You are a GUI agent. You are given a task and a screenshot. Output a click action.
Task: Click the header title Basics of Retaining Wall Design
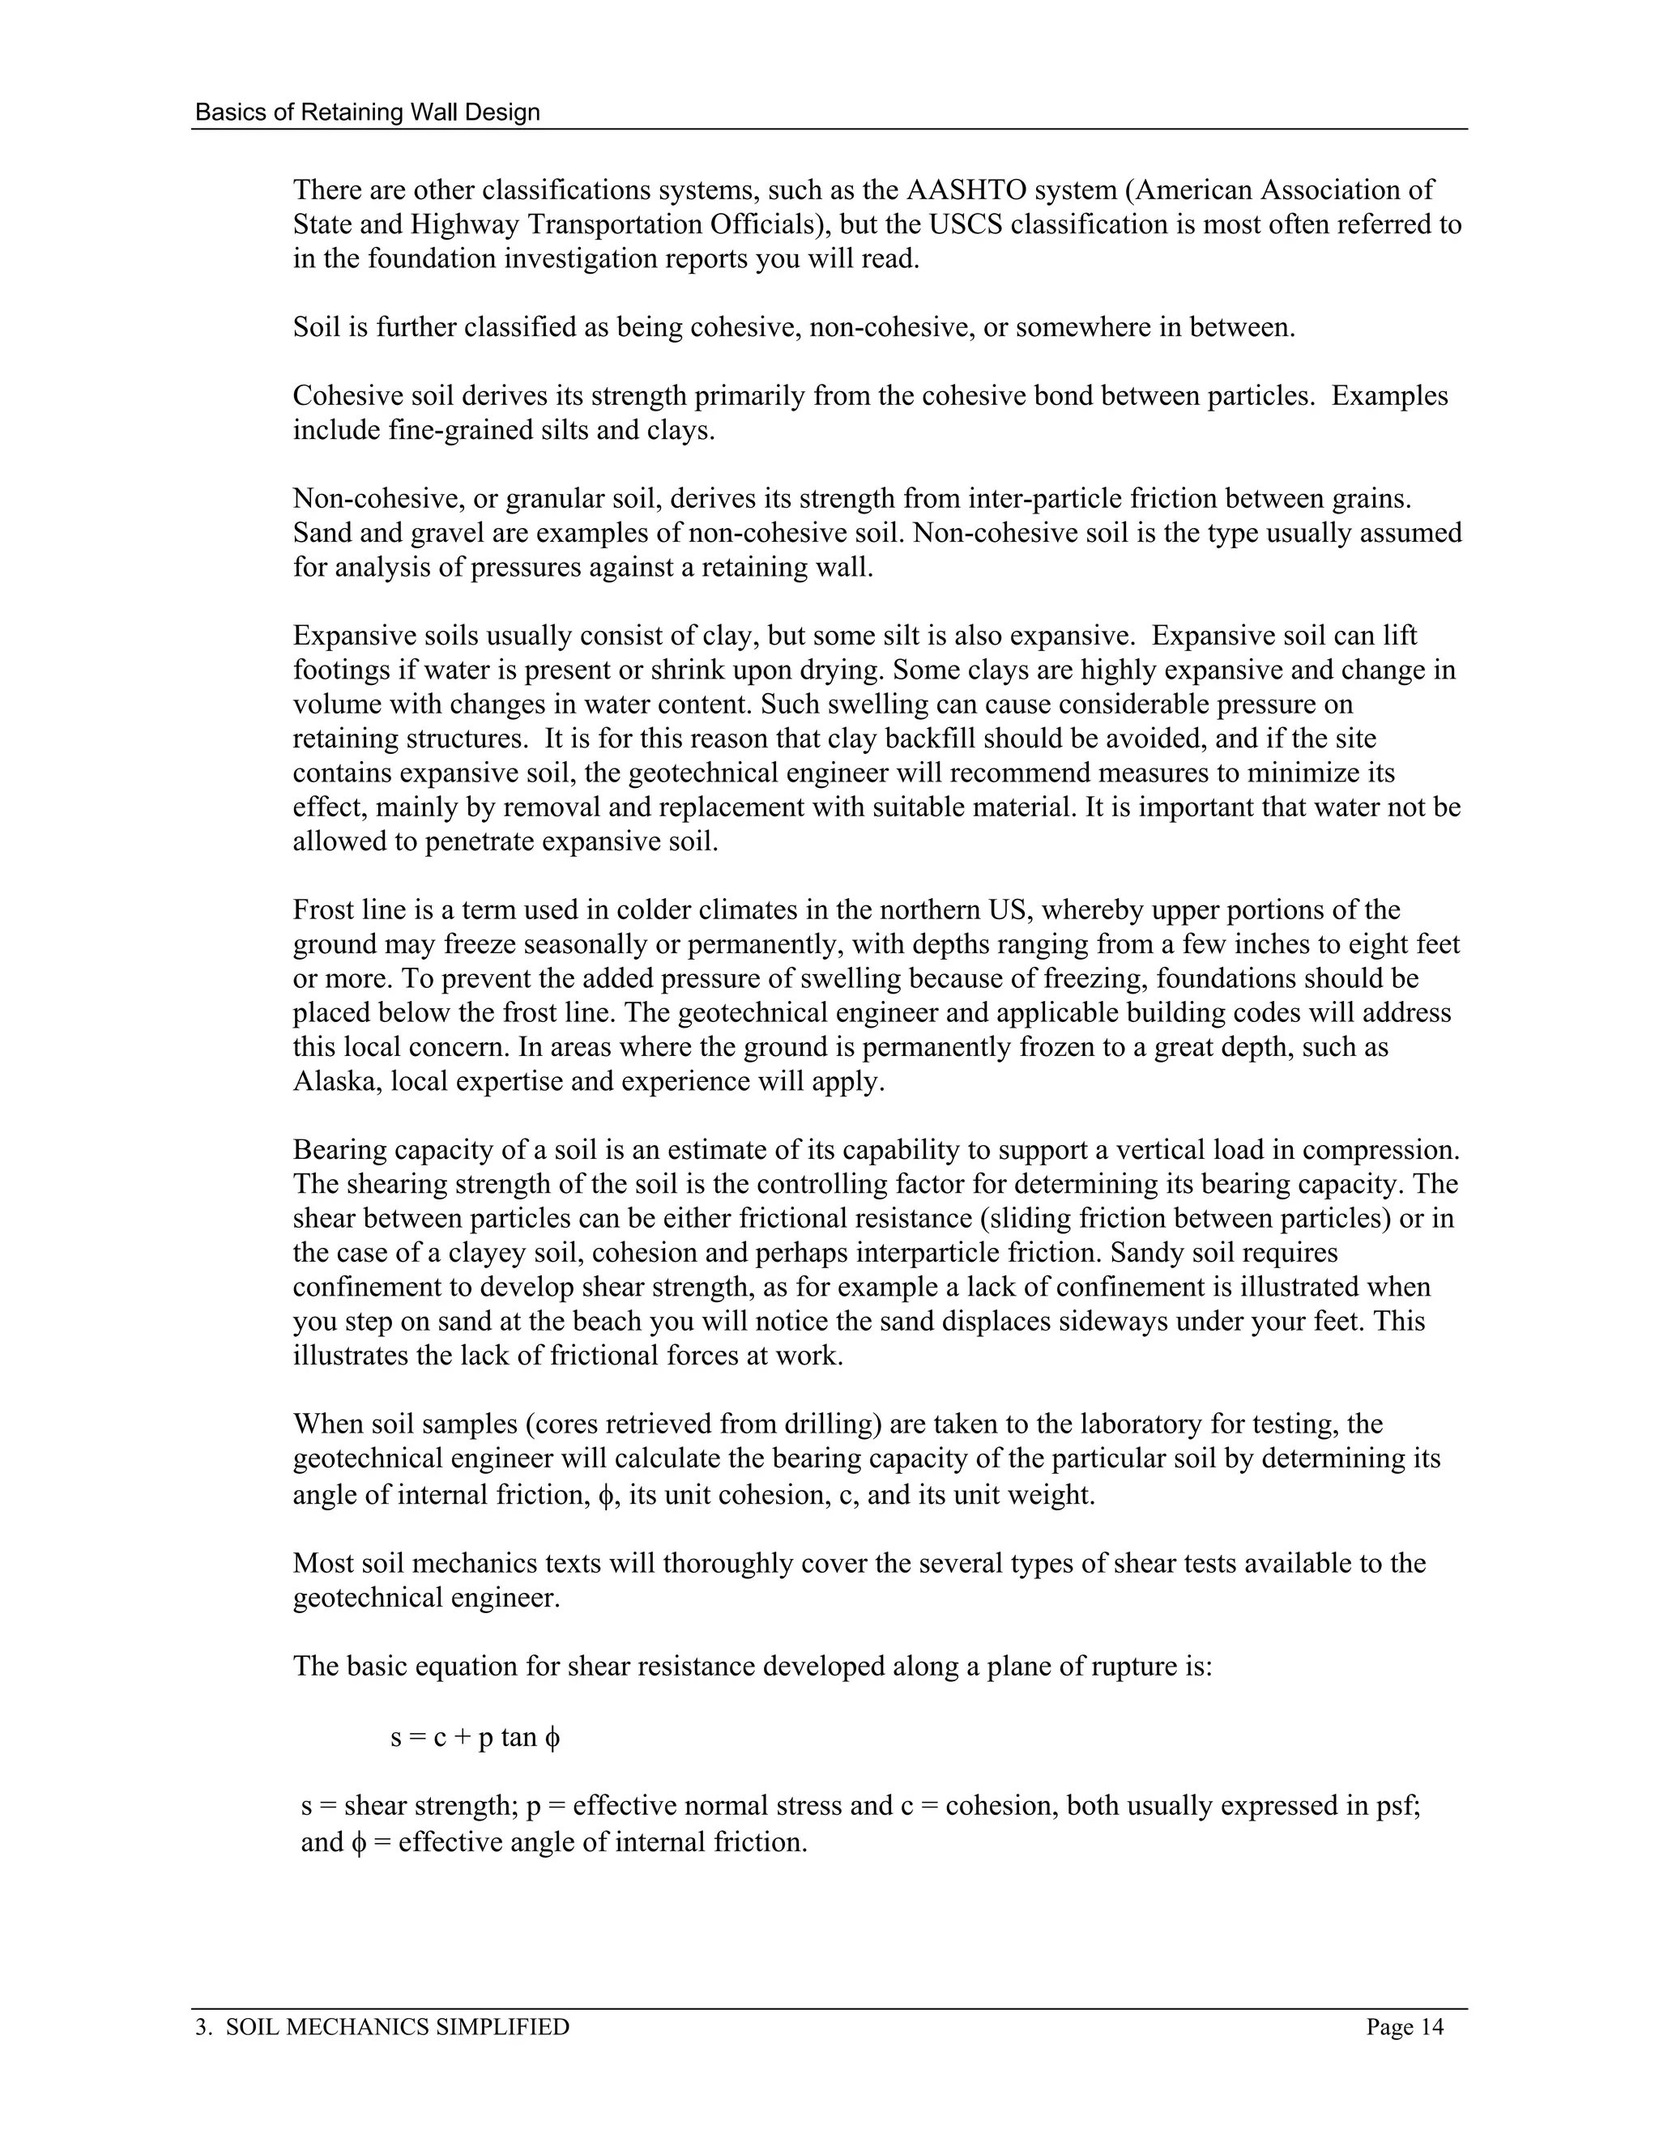pos(368,112)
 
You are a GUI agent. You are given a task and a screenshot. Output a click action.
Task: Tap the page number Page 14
pos(1405,2027)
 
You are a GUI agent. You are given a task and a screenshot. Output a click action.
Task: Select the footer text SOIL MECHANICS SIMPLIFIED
pos(397,2027)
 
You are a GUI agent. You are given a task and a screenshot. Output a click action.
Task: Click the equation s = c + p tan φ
pos(475,1737)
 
